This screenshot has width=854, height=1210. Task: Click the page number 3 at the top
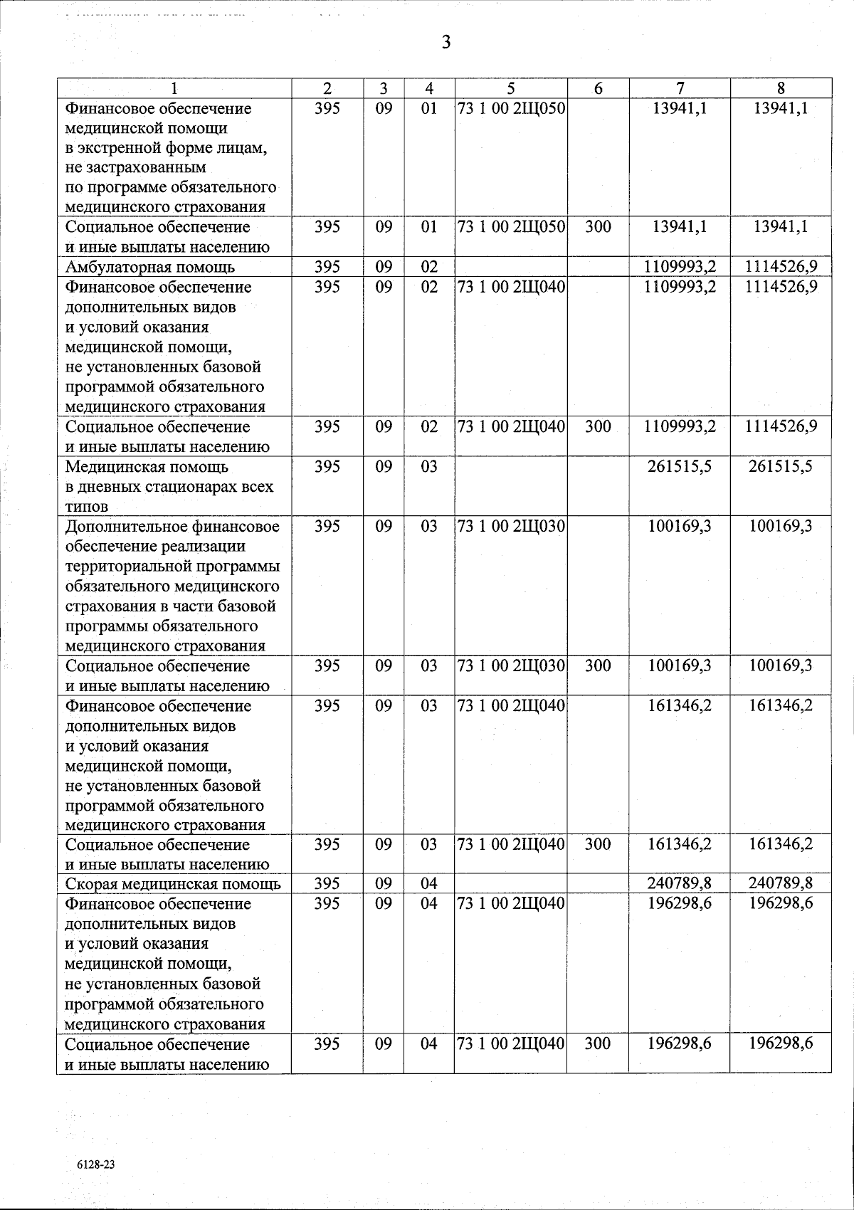click(x=446, y=42)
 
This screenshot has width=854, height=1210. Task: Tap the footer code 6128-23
click(x=96, y=1164)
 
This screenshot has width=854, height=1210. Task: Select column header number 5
click(x=511, y=88)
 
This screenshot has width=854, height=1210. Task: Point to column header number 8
click(x=781, y=88)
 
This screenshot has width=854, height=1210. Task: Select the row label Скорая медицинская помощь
click(x=173, y=884)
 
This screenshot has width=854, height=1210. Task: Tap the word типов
click(x=87, y=507)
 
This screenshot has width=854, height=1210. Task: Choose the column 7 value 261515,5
click(x=680, y=467)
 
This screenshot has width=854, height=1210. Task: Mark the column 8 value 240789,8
click(x=781, y=884)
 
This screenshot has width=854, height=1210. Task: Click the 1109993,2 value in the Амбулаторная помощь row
click(x=680, y=268)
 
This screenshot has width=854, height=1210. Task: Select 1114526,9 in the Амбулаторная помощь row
click(x=781, y=268)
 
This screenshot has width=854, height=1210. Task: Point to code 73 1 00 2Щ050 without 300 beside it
click(x=511, y=109)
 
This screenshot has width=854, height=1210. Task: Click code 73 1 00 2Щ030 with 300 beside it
click(x=511, y=666)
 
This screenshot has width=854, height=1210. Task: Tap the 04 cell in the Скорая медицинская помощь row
click(x=428, y=884)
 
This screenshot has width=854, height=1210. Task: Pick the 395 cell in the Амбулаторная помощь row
click(x=327, y=268)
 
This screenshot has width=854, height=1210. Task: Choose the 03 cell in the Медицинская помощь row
click(x=428, y=467)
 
